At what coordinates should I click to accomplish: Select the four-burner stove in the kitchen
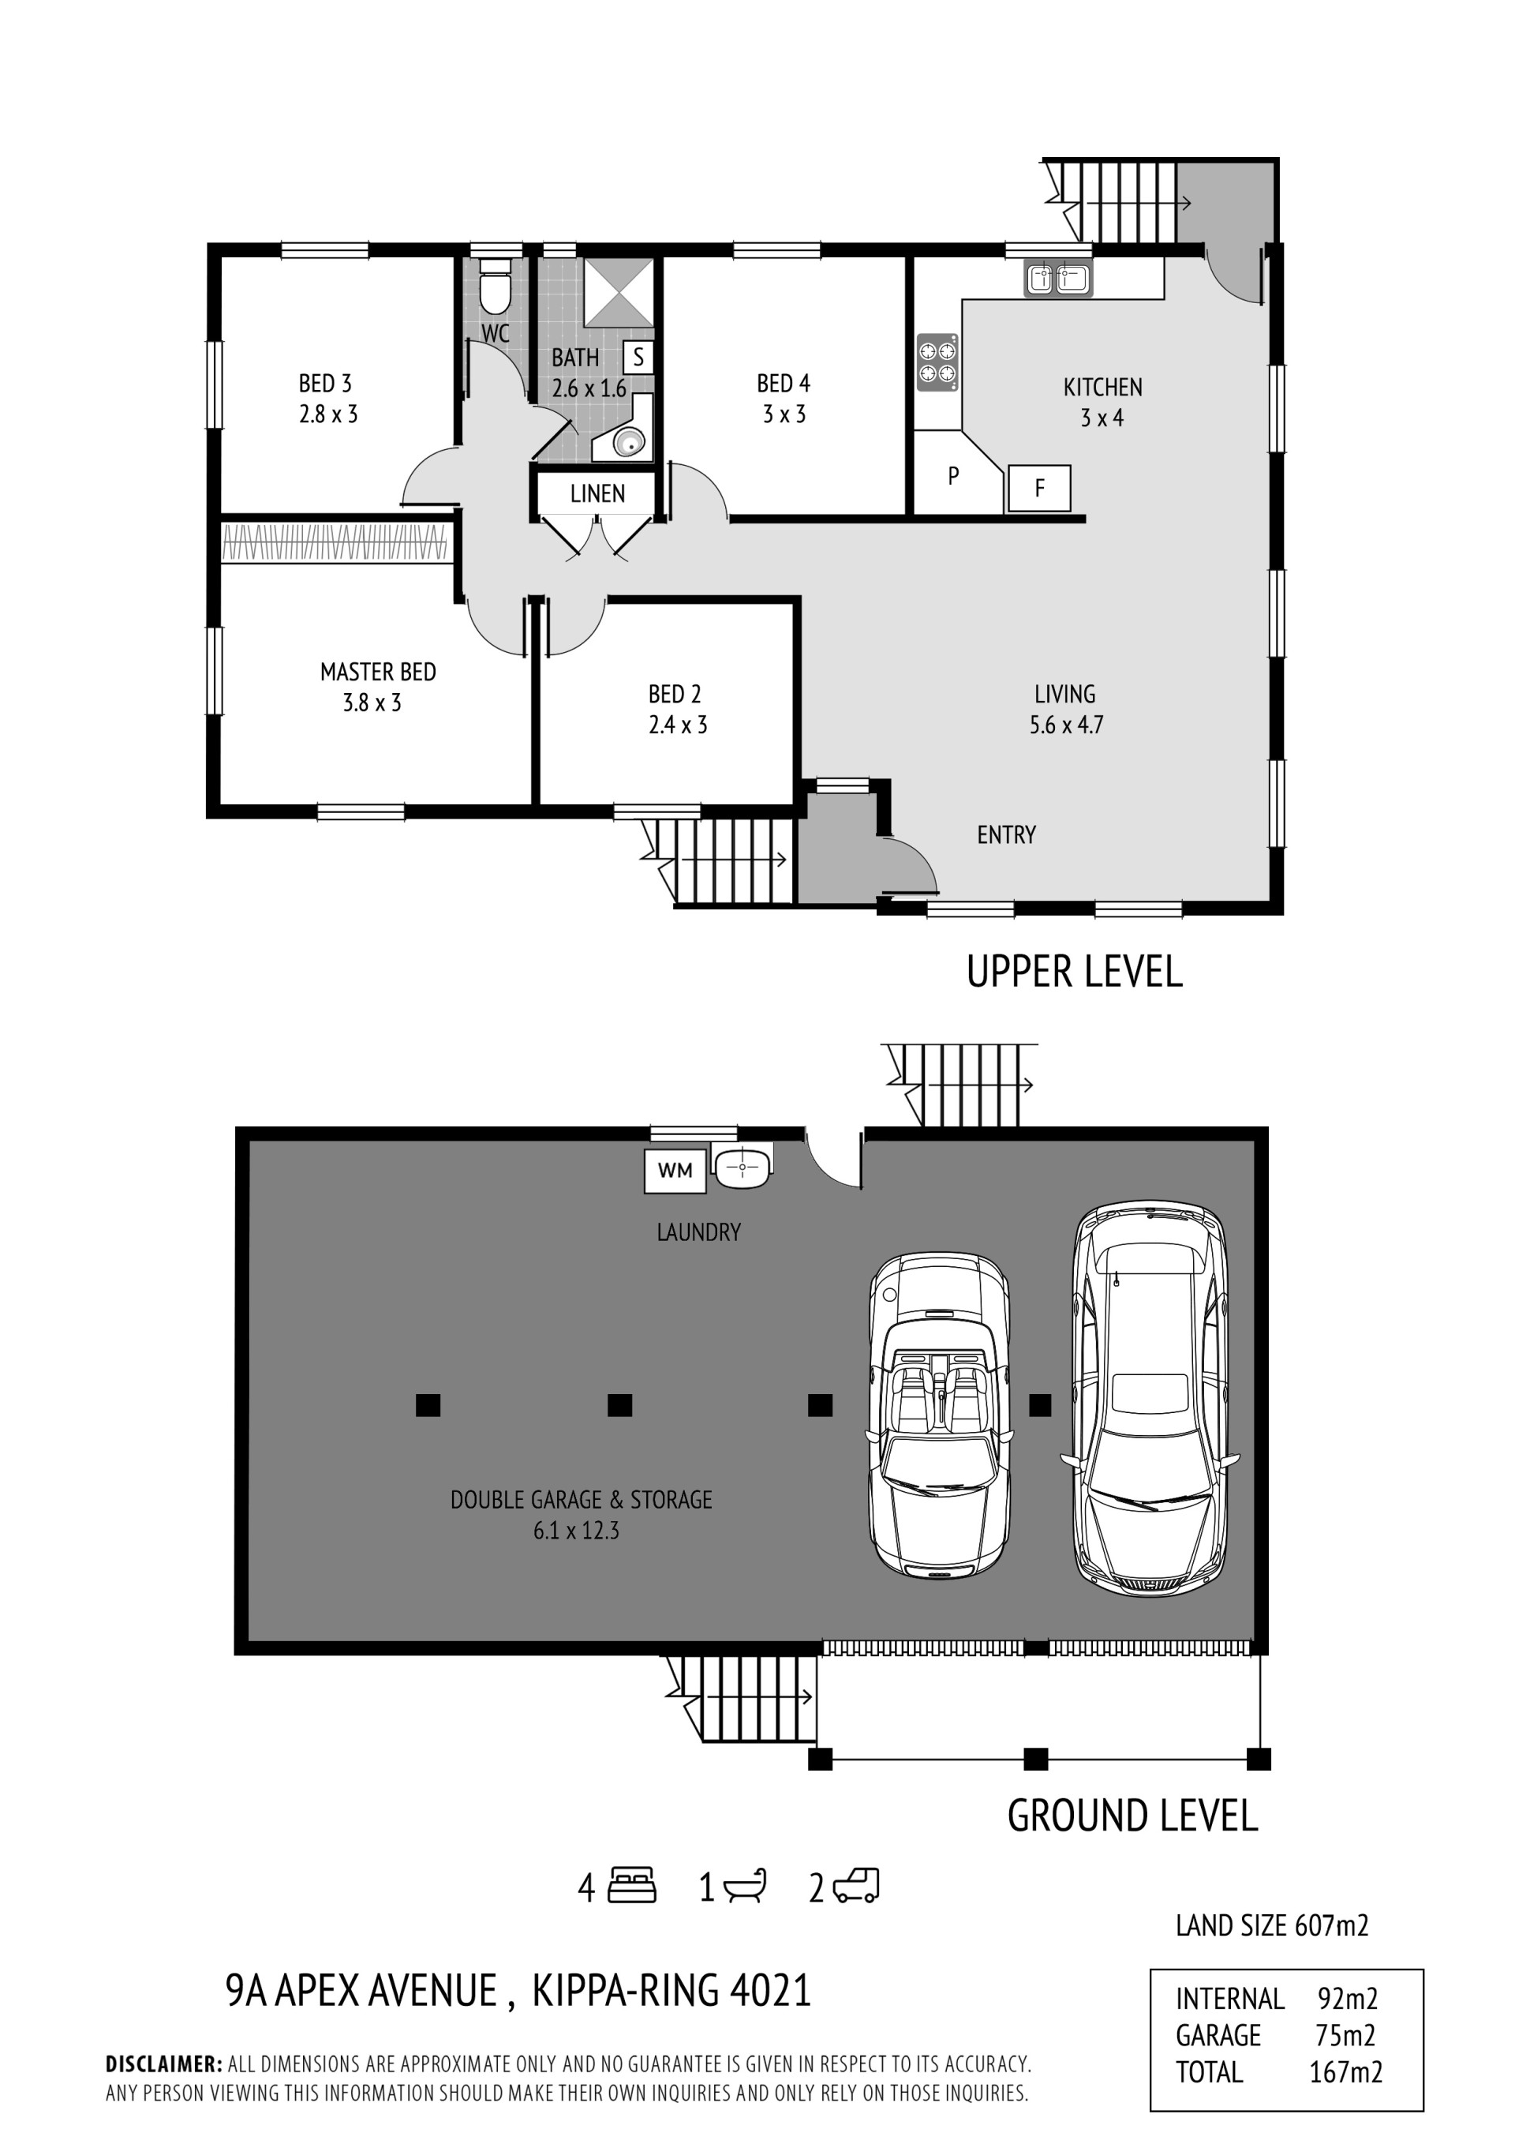937,362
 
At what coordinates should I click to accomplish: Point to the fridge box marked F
1039,487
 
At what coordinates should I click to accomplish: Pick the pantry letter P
953,475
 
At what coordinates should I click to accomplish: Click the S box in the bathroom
638,357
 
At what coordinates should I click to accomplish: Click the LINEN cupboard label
597,493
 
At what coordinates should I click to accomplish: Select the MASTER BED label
378,672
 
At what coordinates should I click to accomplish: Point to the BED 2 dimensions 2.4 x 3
678,725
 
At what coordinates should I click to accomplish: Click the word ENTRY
1006,834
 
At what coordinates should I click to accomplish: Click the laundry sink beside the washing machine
742,1168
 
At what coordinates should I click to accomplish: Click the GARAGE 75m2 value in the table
1345,2035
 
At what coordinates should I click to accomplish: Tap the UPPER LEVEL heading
1075,971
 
